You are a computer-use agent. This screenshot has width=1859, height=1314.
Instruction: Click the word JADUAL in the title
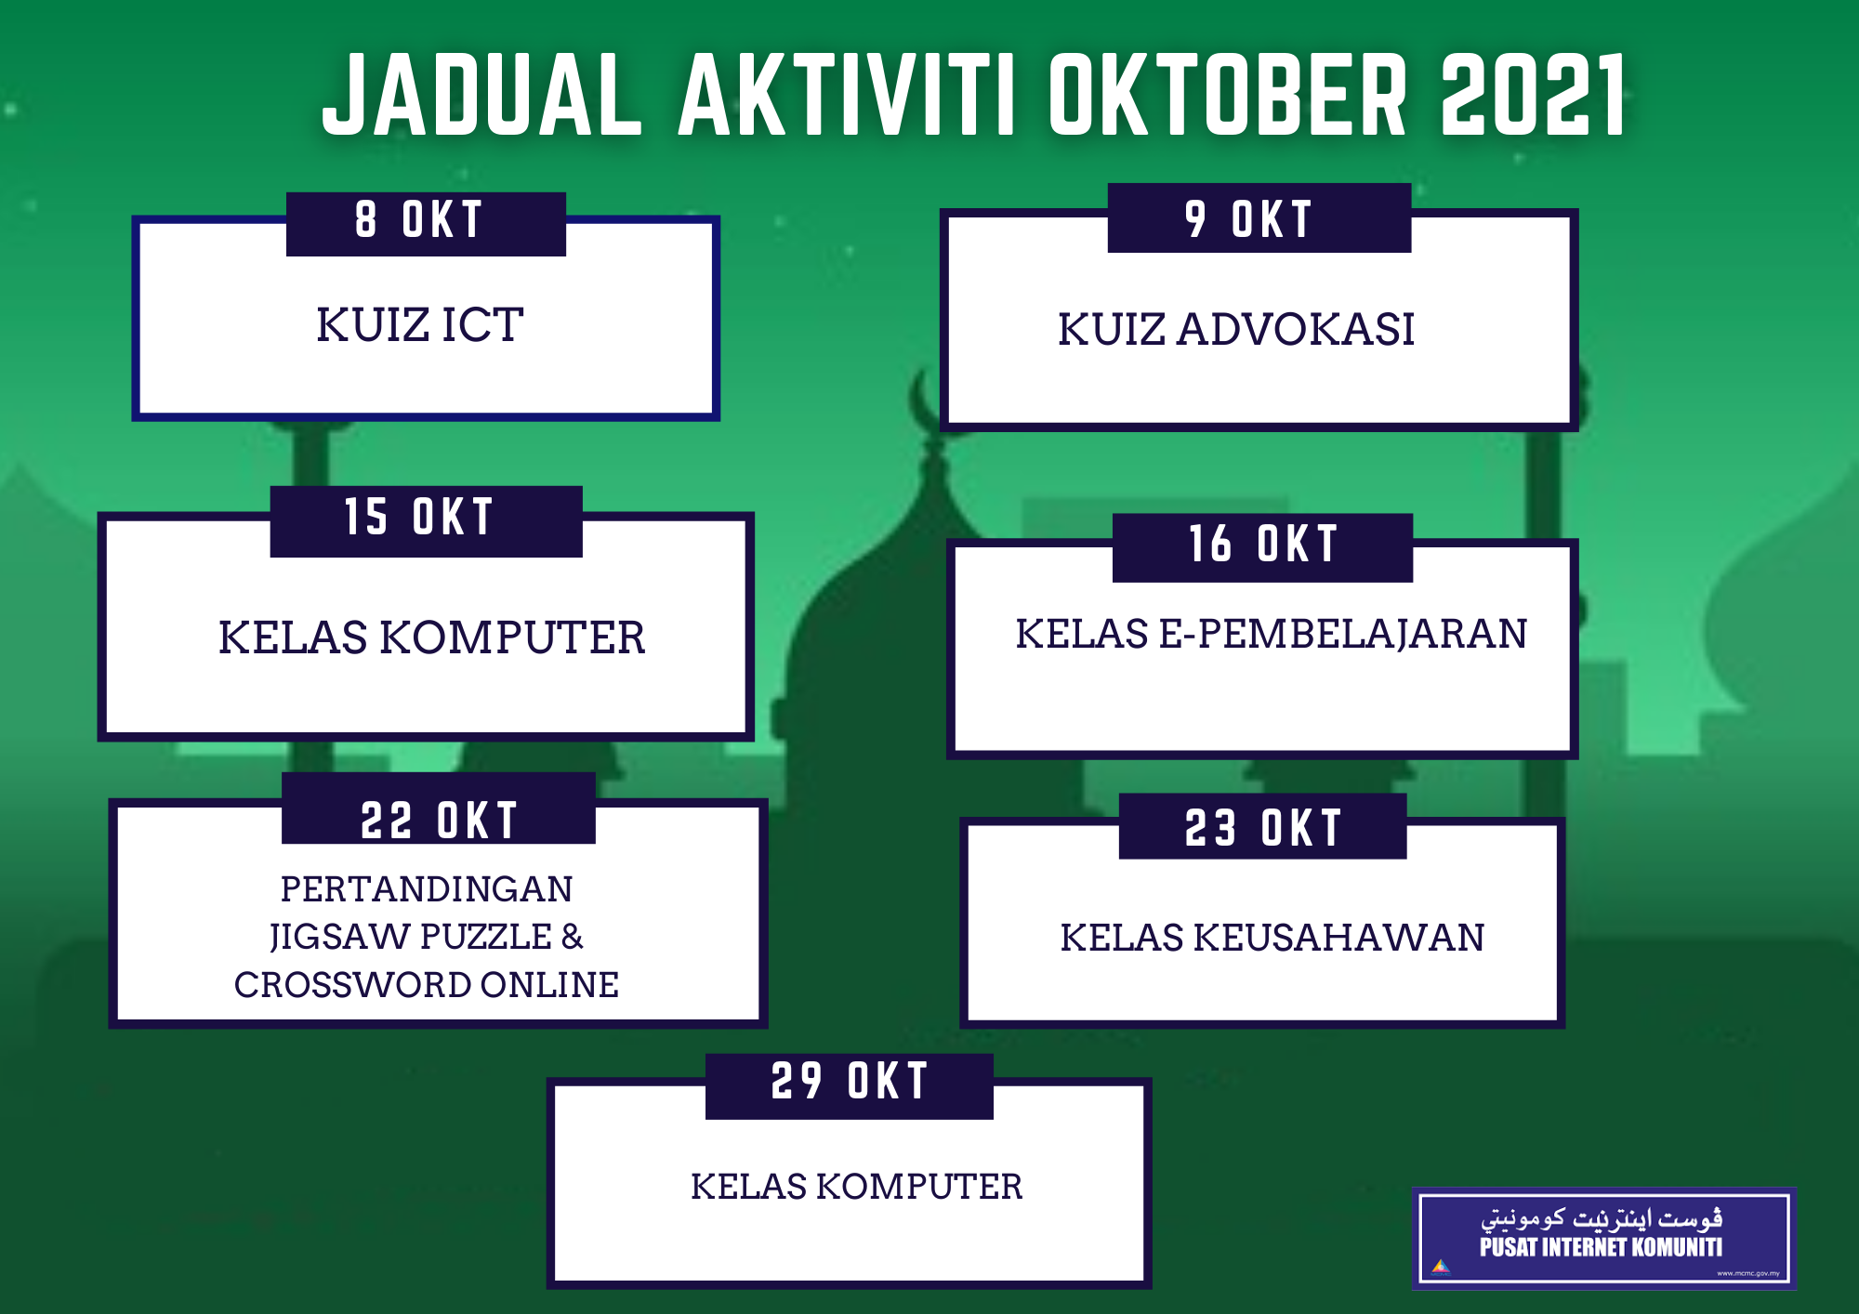(x=481, y=95)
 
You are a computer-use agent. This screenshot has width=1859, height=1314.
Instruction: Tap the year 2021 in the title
(x=1534, y=95)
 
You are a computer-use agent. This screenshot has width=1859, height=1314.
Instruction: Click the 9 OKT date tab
(x=1259, y=219)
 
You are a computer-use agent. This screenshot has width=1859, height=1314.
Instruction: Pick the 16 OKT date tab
(x=1262, y=546)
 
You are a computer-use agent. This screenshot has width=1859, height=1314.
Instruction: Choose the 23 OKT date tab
(x=1262, y=827)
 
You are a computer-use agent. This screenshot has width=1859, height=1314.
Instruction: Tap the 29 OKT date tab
(x=849, y=1084)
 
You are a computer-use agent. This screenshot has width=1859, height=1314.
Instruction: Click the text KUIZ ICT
(x=420, y=325)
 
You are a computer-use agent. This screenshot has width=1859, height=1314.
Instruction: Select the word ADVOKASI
(x=1296, y=330)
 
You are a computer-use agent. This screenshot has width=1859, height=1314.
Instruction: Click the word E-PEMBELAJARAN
(x=1342, y=634)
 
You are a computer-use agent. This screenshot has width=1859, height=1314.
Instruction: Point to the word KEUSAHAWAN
(x=1338, y=938)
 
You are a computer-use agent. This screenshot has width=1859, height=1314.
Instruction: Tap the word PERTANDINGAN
(x=427, y=889)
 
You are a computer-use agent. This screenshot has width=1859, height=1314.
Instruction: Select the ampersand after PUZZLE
(x=573, y=937)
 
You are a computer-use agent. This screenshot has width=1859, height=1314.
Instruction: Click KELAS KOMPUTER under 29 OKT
(x=856, y=1187)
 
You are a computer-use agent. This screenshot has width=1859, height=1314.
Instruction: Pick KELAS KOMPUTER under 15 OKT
(x=431, y=637)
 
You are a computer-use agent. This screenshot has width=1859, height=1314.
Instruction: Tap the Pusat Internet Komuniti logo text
(x=1601, y=1246)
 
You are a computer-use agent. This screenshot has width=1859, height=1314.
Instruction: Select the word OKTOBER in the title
(x=1227, y=95)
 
